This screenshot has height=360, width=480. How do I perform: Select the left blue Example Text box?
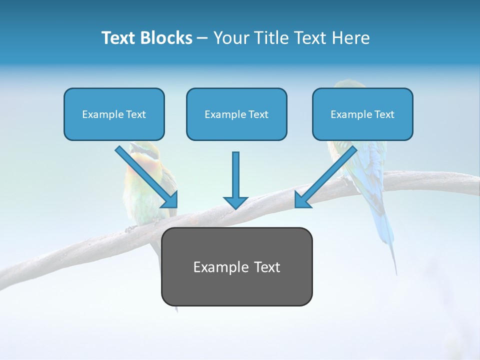pyautogui.click(x=114, y=114)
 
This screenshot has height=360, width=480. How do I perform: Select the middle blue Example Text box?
pyautogui.click(x=236, y=114)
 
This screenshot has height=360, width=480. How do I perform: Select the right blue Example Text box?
pyautogui.click(x=362, y=114)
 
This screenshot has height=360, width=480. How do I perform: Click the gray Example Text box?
pyautogui.click(x=236, y=266)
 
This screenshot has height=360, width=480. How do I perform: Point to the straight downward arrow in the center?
pyautogui.click(x=235, y=175)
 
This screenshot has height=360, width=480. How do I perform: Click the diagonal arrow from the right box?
pyautogui.click(x=330, y=172)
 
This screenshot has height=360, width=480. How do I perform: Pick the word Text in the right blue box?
pyautogui.click(x=384, y=114)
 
